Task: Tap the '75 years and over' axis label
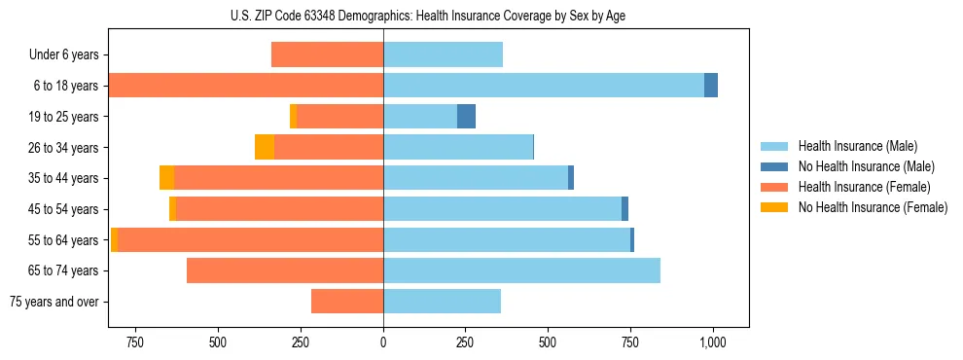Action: (54, 302)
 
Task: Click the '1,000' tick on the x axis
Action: (713, 342)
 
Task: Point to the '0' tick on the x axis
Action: (383, 342)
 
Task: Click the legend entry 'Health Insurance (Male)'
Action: (857, 146)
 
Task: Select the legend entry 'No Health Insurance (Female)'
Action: (873, 207)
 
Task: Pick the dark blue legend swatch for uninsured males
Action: (774, 166)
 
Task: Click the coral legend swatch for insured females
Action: (774, 187)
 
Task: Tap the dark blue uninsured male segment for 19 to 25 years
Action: (466, 117)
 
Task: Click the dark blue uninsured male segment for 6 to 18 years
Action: (711, 86)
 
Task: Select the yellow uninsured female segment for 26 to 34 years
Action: (265, 147)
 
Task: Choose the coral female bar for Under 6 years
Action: (327, 55)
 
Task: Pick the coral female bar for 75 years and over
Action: (347, 302)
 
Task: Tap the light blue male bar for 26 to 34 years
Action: (458, 147)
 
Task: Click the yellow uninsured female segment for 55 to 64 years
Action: (114, 240)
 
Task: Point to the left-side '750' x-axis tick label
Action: (135, 342)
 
